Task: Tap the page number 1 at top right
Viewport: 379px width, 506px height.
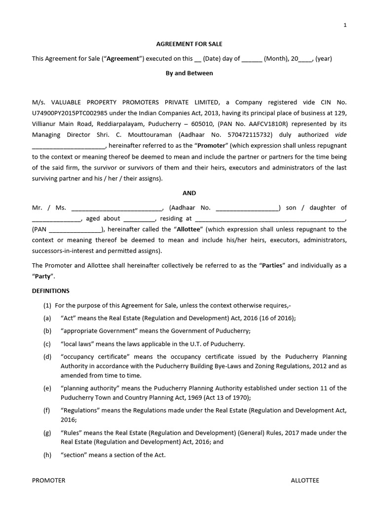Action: coord(345,26)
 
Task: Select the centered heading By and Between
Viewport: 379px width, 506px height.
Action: coord(189,73)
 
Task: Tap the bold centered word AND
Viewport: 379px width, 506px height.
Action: coord(189,193)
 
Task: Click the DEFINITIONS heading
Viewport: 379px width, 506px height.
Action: coord(51,291)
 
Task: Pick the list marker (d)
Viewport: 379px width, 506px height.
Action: coord(47,357)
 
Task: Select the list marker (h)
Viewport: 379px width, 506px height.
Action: coord(47,455)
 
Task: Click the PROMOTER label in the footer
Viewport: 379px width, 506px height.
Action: coord(48,480)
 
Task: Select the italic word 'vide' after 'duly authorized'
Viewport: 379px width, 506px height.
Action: coord(341,135)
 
